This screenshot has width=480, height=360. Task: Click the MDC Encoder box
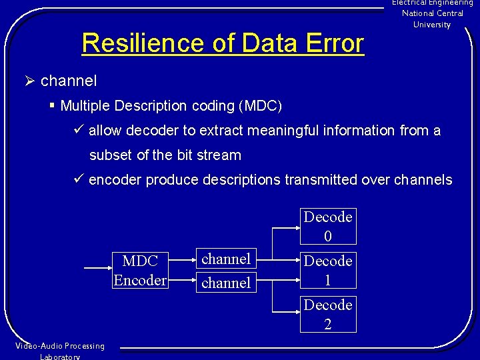click(x=140, y=270)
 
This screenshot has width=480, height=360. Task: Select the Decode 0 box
click(x=328, y=226)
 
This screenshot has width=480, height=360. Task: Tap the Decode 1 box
click(x=328, y=270)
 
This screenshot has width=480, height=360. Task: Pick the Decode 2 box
click(x=328, y=314)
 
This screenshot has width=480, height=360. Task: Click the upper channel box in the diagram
click(x=226, y=259)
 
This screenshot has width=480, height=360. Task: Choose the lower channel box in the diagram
click(x=226, y=282)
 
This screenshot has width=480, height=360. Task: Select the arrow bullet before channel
click(x=29, y=81)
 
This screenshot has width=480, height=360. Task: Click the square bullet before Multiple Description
click(x=52, y=105)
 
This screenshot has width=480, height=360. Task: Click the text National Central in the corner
click(x=432, y=13)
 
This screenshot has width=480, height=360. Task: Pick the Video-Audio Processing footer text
click(x=60, y=346)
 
